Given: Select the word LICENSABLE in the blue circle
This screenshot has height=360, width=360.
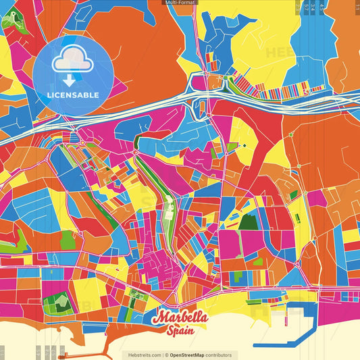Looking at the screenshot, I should click(73, 95).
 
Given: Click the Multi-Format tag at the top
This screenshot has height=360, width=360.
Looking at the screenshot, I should click(180, 3).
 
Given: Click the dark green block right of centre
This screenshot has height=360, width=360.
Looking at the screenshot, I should click(249, 222).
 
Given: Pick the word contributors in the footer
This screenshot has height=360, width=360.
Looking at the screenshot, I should click(220, 355).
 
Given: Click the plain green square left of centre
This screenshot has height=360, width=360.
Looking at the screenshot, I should click(66, 240).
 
